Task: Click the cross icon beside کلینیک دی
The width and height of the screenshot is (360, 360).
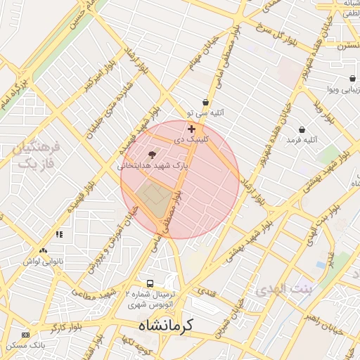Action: coord(191,129)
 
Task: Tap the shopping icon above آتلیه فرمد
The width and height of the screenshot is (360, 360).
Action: coord(302,129)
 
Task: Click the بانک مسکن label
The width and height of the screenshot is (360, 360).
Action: coord(25,346)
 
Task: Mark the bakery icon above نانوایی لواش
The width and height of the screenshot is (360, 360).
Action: coord(44,251)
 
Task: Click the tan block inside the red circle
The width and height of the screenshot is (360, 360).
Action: coord(155,198)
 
